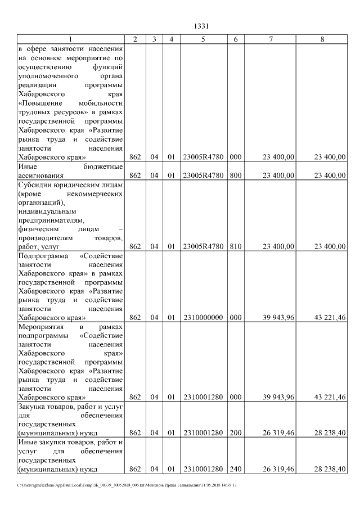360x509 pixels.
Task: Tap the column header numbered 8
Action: (x=322, y=39)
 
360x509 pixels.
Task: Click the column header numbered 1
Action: (x=70, y=39)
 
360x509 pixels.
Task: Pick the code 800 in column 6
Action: (x=235, y=175)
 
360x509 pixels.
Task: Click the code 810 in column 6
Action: (x=235, y=246)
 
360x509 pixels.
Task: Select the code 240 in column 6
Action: (x=235, y=469)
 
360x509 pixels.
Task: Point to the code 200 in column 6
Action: (x=235, y=433)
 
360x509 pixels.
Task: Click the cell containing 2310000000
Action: (x=203, y=317)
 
